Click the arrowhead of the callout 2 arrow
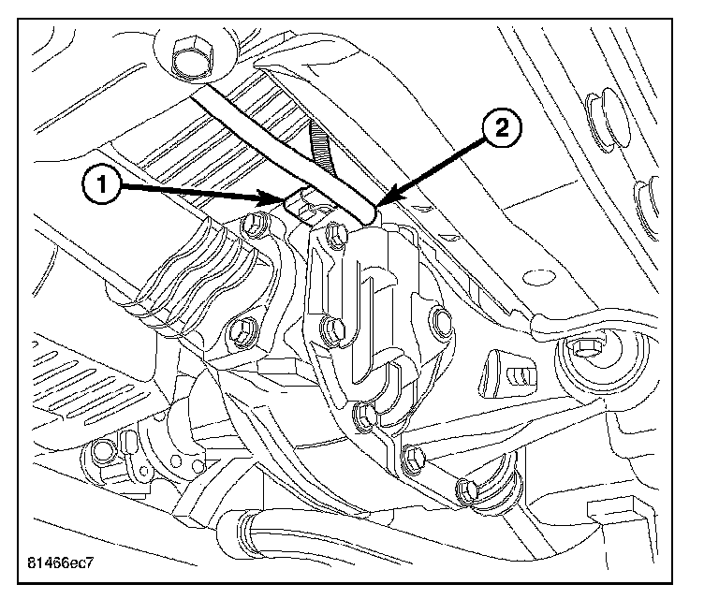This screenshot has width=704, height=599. [x=378, y=204]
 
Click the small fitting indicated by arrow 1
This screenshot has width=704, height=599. [x=300, y=204]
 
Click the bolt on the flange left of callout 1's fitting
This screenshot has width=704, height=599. [x=251, y=226]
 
